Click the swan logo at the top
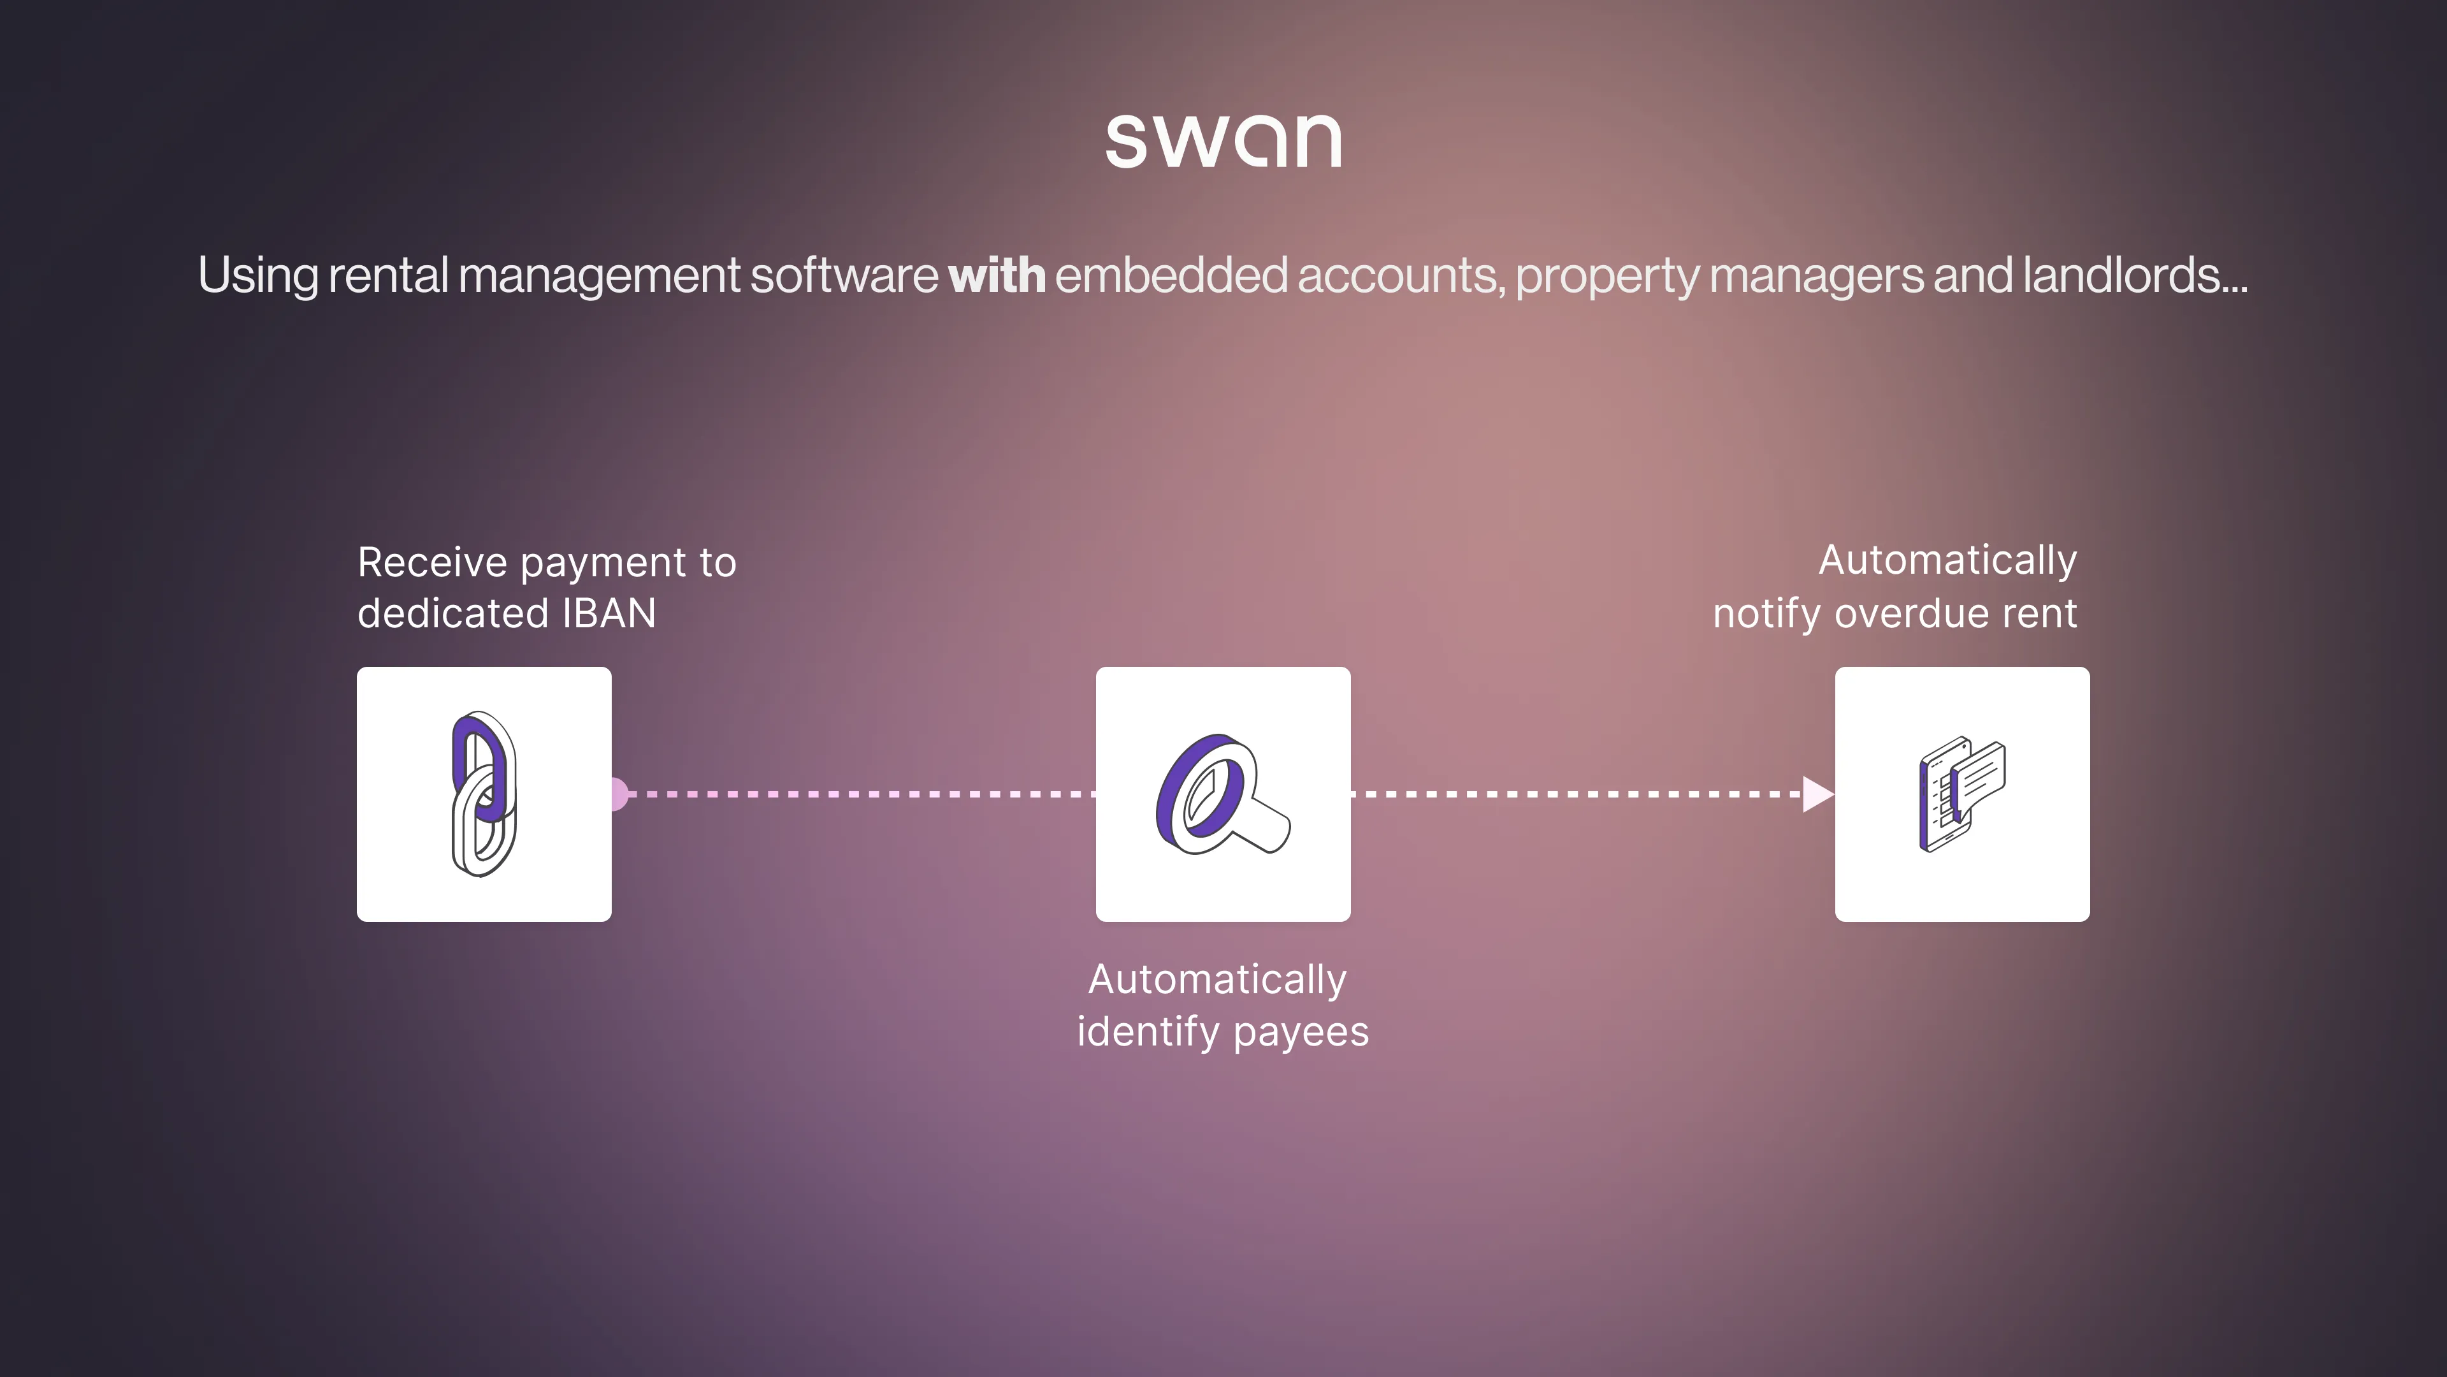(1223, 141)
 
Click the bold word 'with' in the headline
(997, 275)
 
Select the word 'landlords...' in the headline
(2135, 275)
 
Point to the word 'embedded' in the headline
(1171, 275)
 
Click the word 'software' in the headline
(844, 275)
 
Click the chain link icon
(484, 794)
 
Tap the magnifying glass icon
(1223, 794)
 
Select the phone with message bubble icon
(1961, 794)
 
